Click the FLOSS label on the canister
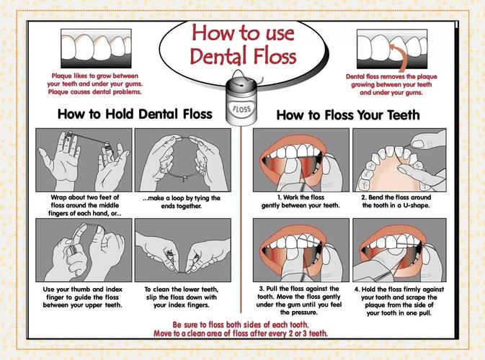[x=242, y=109]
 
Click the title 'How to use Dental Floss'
[x=243, y=44]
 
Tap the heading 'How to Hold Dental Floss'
[x=135, y=114]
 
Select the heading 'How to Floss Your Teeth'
[x=348, y=115]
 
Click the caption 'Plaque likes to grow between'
[x=95, y=76]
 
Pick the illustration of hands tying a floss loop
[x=183, y=160]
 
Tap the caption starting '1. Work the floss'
[x=301, y=201]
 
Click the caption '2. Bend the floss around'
[x=396, y=201]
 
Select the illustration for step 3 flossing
[x=301, y=251]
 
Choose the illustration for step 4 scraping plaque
[x=399, y=251]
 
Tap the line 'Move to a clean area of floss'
[x=201, y=333]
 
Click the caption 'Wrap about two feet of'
[x=85, y=197]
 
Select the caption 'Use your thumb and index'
[x=83, y=289]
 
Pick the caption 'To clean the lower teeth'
[x=182, y=289]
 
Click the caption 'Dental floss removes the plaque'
[x=391, y=76]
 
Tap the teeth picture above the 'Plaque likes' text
[x=96, y=48]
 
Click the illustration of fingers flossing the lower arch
[x=399, y=160]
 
